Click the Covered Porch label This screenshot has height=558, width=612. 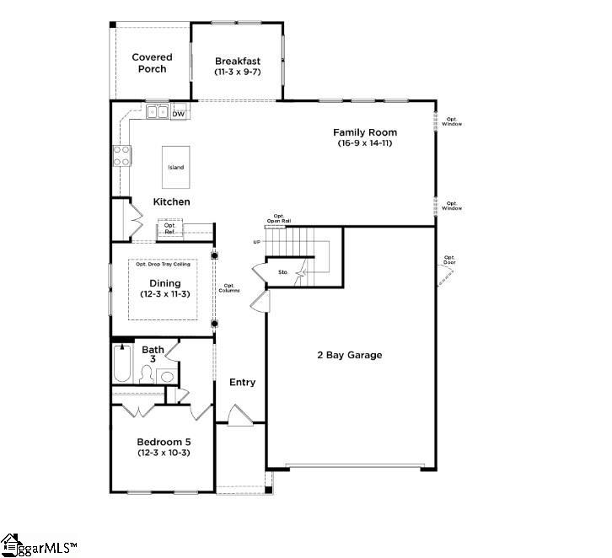tap(152, 63)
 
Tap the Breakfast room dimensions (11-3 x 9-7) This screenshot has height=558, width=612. tap(238, 73)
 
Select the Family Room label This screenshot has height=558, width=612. tap(364, 132)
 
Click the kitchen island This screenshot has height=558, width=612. tap(175, 167)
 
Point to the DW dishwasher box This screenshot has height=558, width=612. tap(179, 113)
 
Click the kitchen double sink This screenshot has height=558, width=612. tap(157, 111)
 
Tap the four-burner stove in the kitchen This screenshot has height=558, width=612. tap(122, 156)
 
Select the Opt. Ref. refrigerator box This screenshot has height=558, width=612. tap(169, 228)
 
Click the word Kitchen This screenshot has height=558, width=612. tap(171, 202)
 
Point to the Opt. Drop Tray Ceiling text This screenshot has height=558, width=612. tap(163, 265)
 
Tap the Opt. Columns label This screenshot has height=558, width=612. tap(232, 288)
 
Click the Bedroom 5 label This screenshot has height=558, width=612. tap(163, 442)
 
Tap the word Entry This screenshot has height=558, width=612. tap(242, 383)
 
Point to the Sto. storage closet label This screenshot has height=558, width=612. tap(283, 272)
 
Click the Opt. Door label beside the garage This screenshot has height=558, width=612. tap(450, 260)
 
